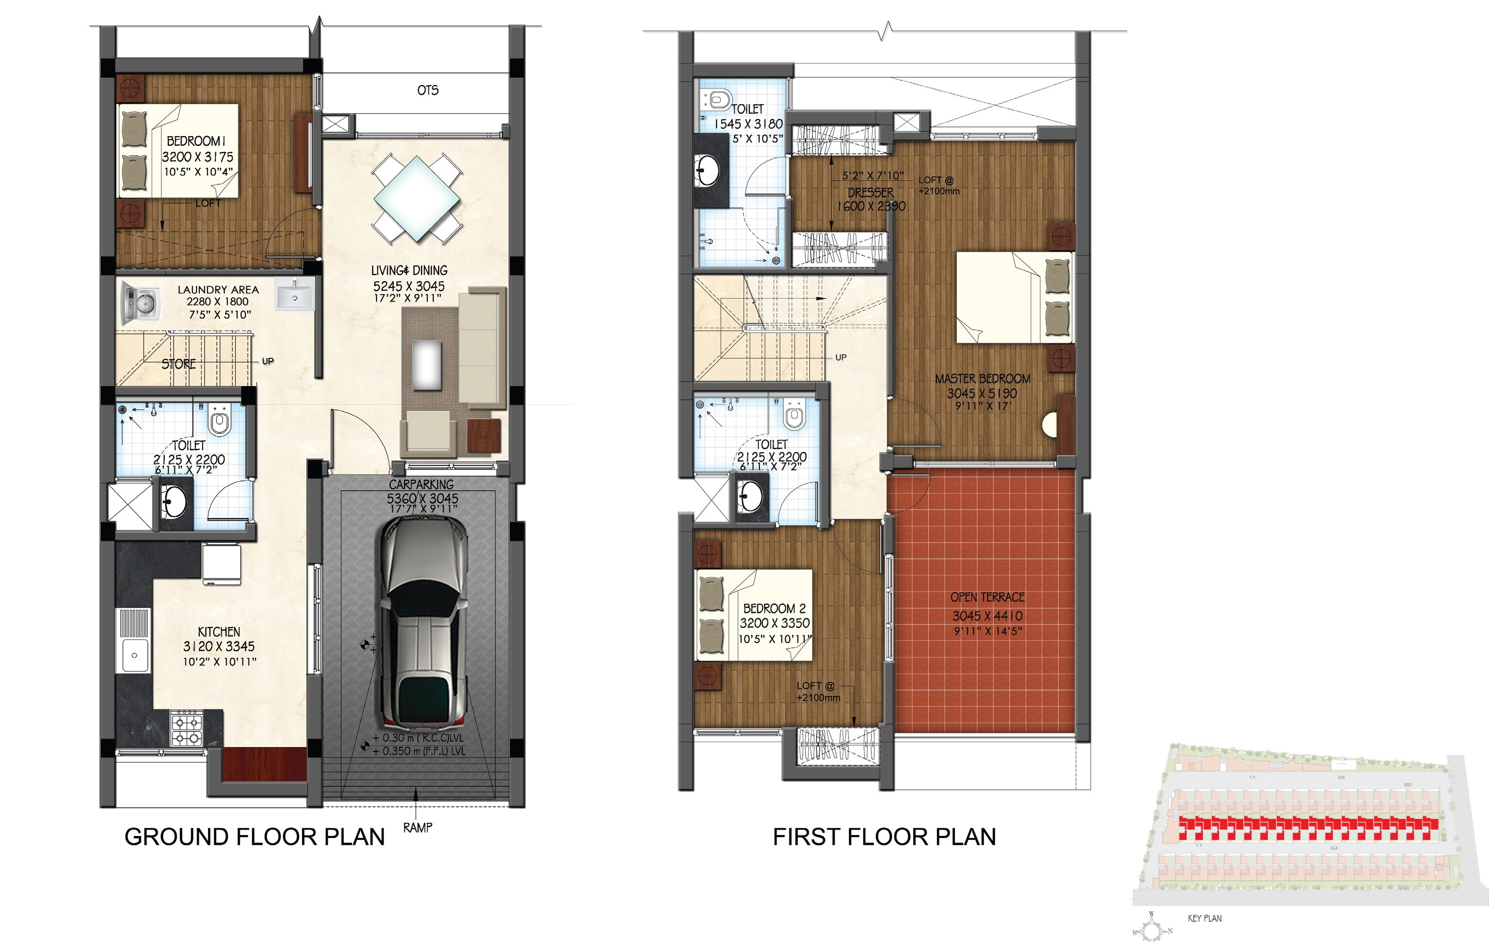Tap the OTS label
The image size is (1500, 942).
(x=428, y=90)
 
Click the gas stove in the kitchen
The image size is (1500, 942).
(x=187, y=729)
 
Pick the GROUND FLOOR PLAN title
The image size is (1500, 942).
(x=254, y=836)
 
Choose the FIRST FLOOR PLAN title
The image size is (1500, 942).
(x=884, y=836)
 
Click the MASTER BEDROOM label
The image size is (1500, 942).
(x=982, y=379)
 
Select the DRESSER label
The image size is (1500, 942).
(x=870, y=193)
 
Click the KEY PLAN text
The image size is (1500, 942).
(x=1204, y=918)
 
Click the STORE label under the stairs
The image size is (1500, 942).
(x=179, y=364)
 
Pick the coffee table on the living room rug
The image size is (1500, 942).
(x=427, y=364)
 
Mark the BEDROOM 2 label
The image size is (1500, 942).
(x=774, y=608)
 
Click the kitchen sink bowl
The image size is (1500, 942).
(x=134, y=656)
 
